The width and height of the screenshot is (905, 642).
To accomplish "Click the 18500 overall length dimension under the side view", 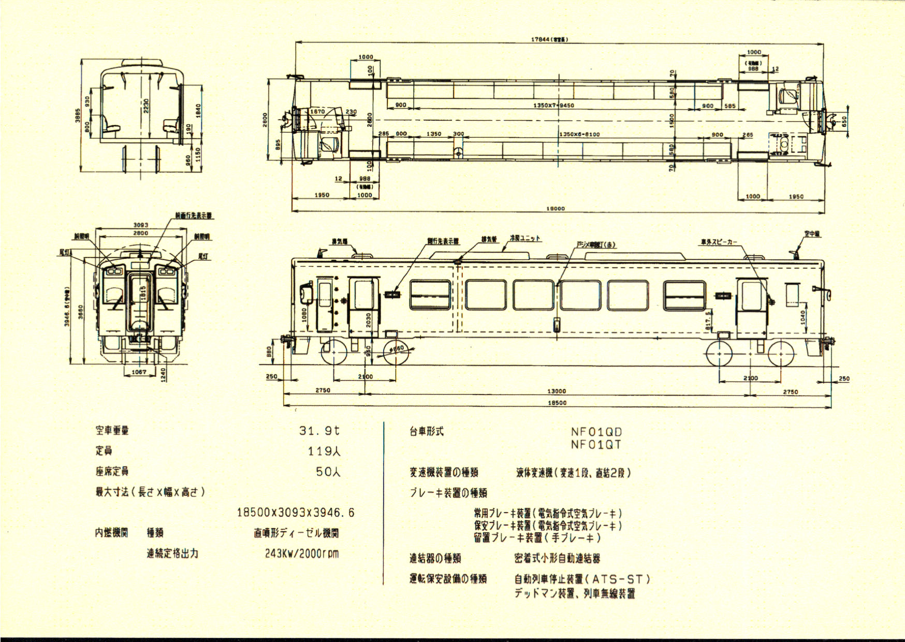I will pyautogui.click(x=557, y=402).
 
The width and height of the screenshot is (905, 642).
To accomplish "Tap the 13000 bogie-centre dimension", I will pyautogui.click(x=557, y=391).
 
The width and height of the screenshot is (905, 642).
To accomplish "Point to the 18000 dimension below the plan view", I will pyautogui.click(x=555, y=209).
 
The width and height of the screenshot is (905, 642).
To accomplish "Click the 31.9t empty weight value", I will pyautogui.click(x=319, y=430).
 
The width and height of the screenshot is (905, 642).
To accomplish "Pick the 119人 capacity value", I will pyautogui.click(x=324, y=451).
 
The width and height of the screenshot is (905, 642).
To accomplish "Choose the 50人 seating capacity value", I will pyautogui.click(x=328, y=472).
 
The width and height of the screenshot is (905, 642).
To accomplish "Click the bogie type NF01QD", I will pyautogui.click(x=596, y=432).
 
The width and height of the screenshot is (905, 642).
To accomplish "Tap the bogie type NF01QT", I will pyautogui.click(x=596, y=444).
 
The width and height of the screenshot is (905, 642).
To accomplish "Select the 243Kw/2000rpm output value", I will pyautogui.click(x=302, y=553).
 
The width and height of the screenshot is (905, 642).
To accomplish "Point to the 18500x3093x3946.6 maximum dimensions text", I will pyautogui.click(x=296, y=513).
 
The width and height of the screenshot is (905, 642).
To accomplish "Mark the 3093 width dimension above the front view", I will pyautogui.click(x=141, y=225).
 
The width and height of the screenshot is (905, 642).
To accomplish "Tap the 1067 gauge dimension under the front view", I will pyautogui.click(x=139, y=372).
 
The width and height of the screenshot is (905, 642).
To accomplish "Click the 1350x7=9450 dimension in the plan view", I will pyautogui.click(x=553, y=106).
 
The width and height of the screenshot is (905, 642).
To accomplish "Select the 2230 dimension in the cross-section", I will pyautogui.click(x=147, y=107).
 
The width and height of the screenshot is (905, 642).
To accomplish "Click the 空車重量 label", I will pyautogui.click(x=112, y=430).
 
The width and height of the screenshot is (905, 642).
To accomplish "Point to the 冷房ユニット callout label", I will pyautogui.click(x=525, y=239).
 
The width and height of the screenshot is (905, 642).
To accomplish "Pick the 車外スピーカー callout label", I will pyautogui.click(x=719, y=242).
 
